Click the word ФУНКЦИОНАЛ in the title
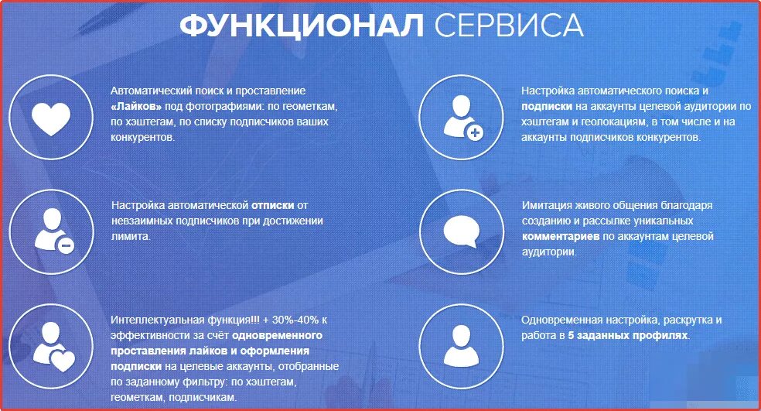click(302, 26)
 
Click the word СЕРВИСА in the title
click(508, 26)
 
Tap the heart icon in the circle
click(51, 117)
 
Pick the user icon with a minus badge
click(51, 230)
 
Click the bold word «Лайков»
click(137, 106)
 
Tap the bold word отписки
click(273, 205)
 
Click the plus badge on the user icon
click(475, 133)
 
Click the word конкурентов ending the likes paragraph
click(142, 137)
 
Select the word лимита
click(129, 236)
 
